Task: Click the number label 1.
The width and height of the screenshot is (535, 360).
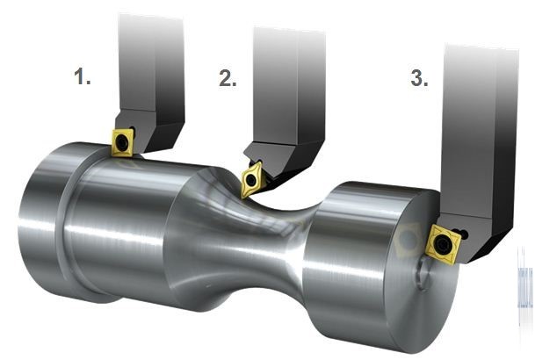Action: pyautogui.click(x=83, y=76)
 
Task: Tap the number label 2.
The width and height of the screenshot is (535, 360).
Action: pyautogui.click(x=228, y=78)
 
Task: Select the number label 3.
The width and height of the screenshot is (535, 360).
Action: pyautogui.click(x=419, y=78)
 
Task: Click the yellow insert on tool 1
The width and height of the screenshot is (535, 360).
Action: pyautogui.click(x=122, y=141)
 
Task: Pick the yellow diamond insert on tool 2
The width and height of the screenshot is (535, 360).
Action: pyautogui.click(x=251, y=179)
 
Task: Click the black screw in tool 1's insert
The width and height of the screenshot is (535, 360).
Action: pyautogui.click(x=122, y=143)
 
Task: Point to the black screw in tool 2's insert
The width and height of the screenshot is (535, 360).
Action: pyautogui.click(x=251, y=180)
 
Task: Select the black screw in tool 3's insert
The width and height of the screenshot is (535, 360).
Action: pyautogui.click(x=443, y=243)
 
